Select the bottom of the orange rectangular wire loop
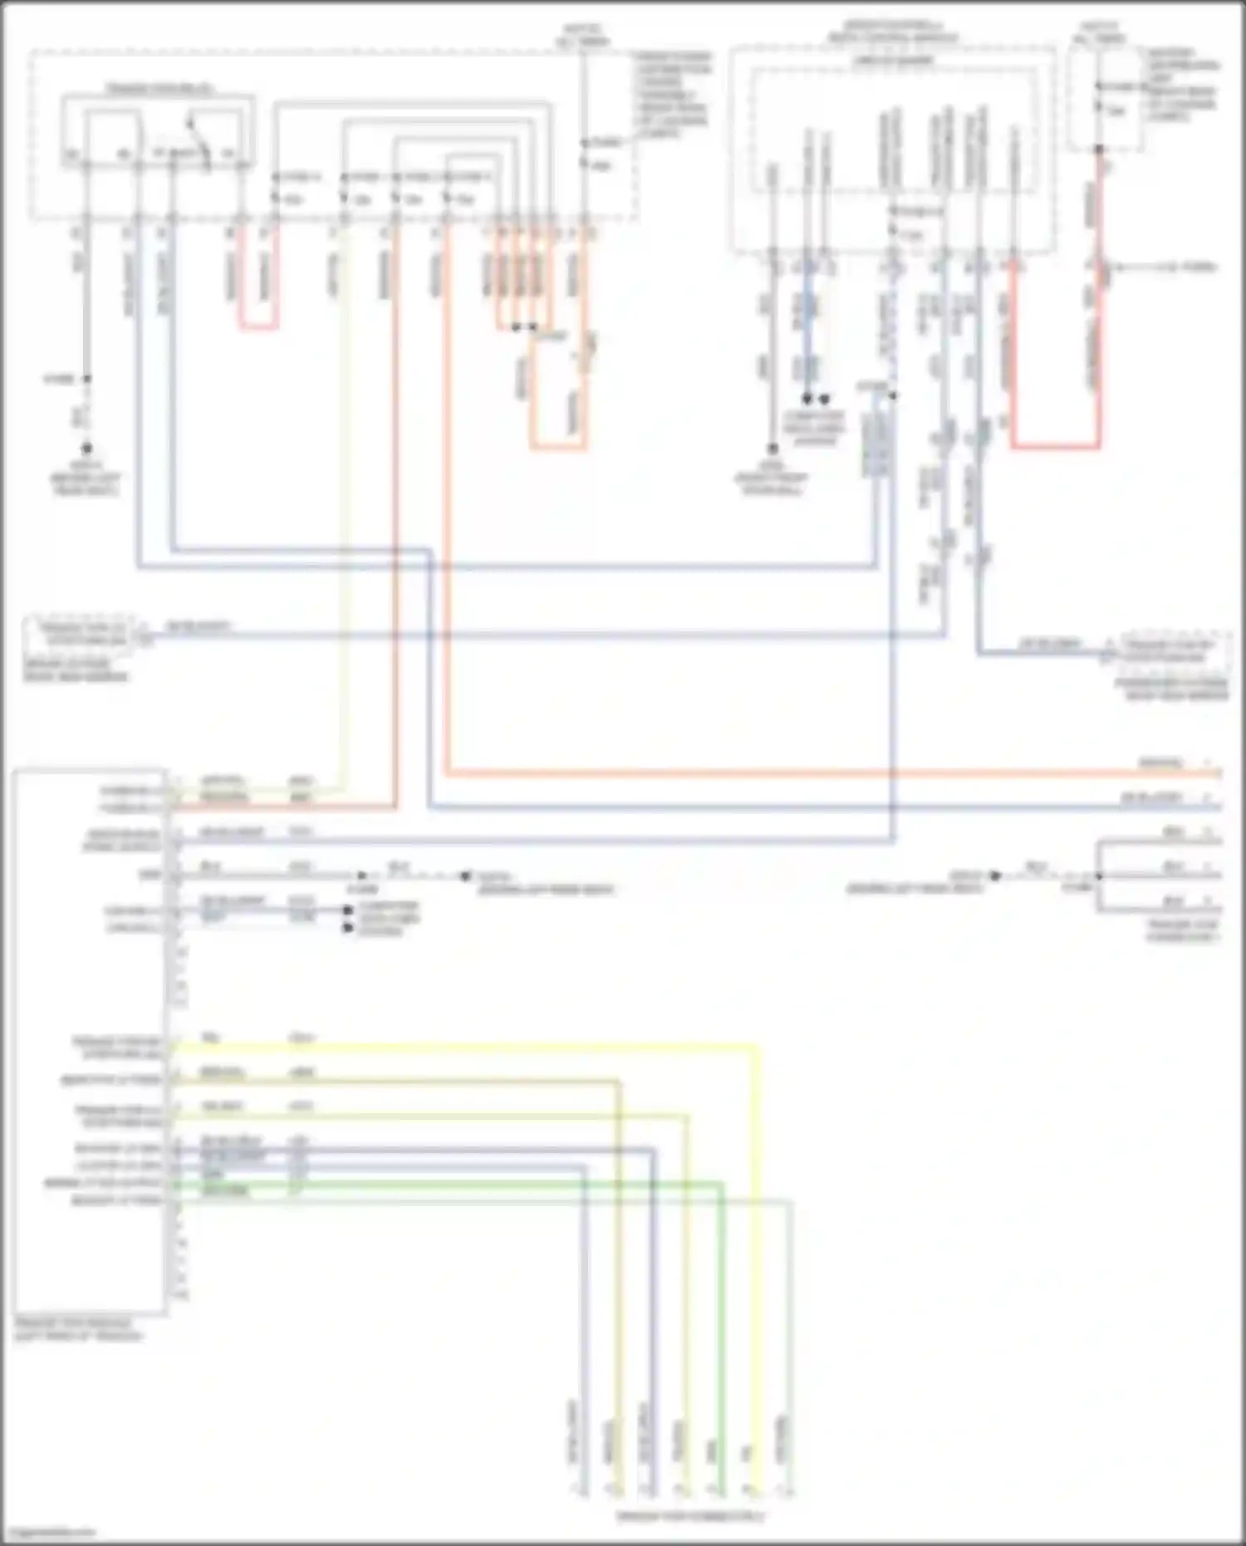(558, 447)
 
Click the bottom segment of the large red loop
(1055, 447)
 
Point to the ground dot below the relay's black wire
(86, 449)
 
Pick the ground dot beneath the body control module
(772, 449)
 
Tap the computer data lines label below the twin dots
(815, 429)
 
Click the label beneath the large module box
(78, 1329)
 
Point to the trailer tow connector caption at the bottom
(689, 1516)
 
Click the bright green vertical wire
(722, 1329)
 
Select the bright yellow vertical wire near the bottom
(757, 1329)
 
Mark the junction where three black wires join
(1098, 876)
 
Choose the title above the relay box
(158, 88)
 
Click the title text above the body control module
(893, 32)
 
